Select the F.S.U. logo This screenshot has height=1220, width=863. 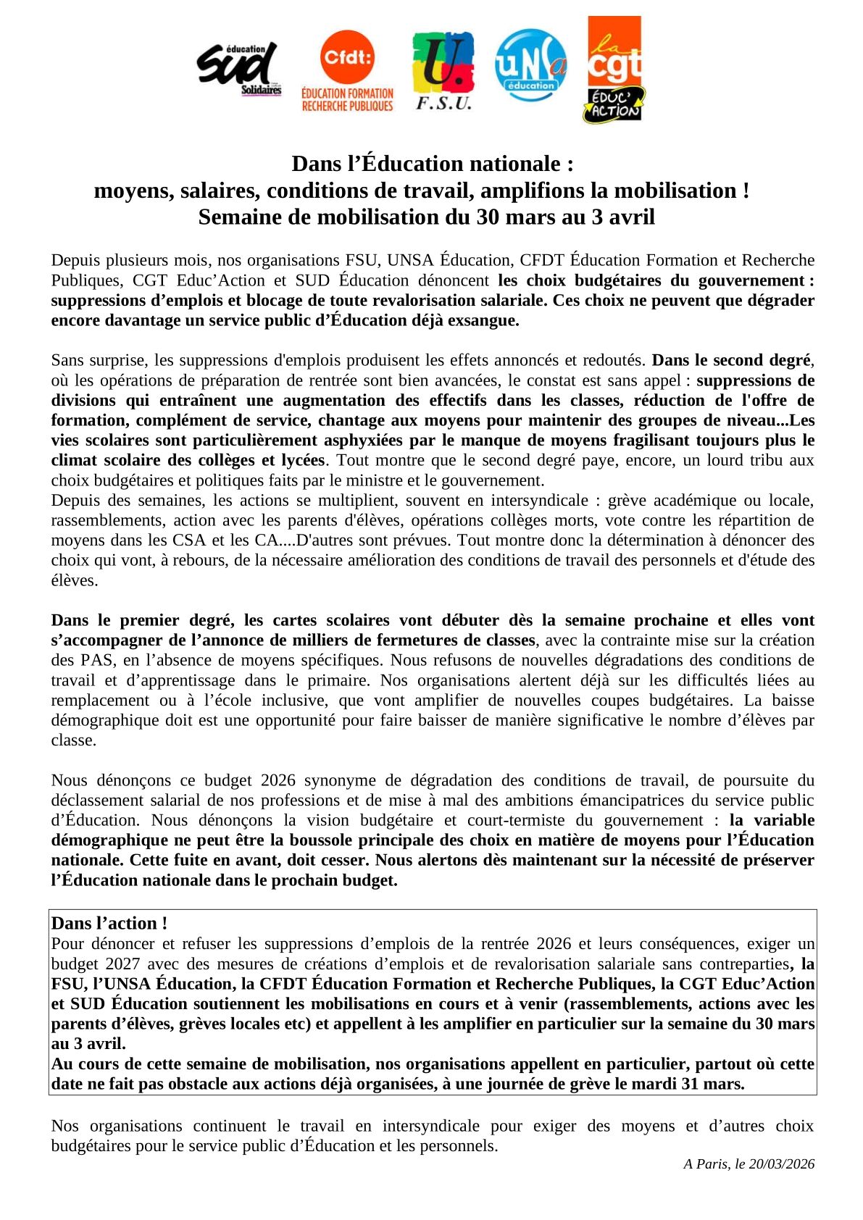(x=443, y=71)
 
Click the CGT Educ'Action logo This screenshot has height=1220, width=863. (x=614, y=70)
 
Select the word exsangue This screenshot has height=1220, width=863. (x=483, y=320)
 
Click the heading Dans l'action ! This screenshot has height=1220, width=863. (x=109, y=924)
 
